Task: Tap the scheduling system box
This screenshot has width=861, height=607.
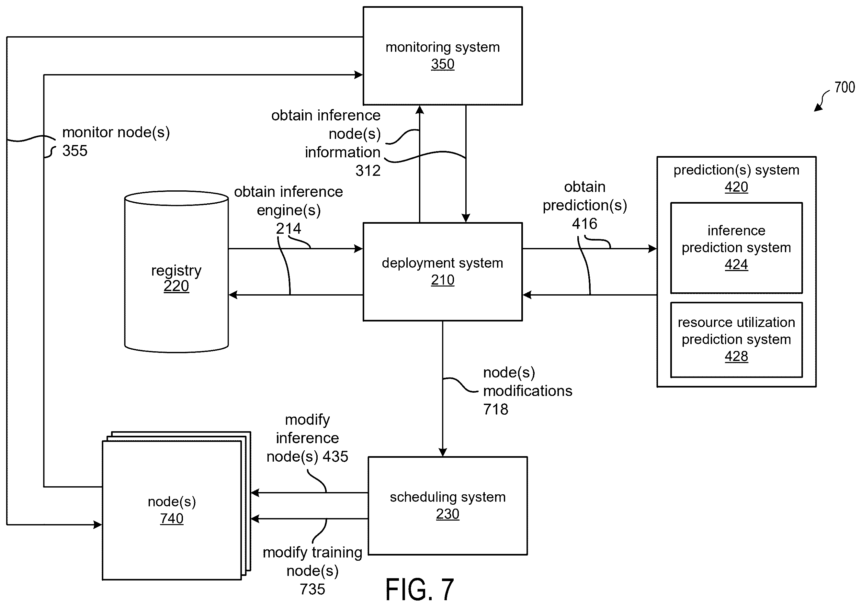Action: [447, 505]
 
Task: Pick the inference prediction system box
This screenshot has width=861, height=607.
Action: [736, 248]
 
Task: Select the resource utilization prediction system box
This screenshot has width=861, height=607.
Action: [736, 340]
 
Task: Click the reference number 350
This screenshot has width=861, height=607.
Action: [443, 64]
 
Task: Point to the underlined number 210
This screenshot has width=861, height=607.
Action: [443, 280]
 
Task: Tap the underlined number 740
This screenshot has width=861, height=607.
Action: [172, 519]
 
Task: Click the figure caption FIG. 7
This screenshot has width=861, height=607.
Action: [420, 590]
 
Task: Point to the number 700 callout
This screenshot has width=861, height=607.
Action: [844, 87]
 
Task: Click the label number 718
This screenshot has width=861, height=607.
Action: [496, 410]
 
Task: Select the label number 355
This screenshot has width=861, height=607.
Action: [74, 151]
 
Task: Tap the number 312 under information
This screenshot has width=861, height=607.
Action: [368, 171]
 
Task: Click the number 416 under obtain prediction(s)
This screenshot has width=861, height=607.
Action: [584, 224]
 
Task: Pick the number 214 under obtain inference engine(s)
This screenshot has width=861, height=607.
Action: [289, 229]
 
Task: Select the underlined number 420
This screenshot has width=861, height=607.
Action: [736, 187]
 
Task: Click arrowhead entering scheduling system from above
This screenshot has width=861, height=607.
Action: [443, 452]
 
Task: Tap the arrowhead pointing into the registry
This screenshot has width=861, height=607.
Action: [233, 295]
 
